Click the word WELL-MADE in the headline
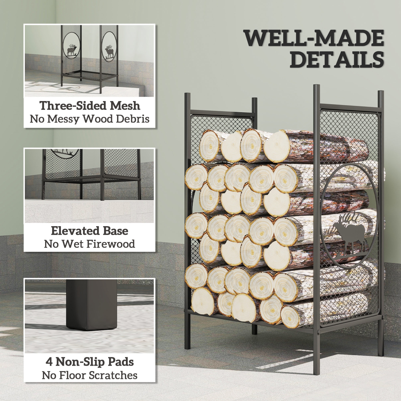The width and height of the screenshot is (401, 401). coord(314,38)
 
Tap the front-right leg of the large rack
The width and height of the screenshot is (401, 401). coord(316,356)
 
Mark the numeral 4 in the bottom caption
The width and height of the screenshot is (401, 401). coord(49,362)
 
